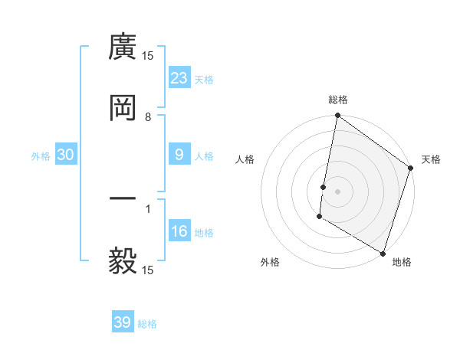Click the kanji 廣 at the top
(123, 47)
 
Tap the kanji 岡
(123, 108)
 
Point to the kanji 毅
(123, 260)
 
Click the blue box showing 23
(179, 77)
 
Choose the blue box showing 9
(179, 154)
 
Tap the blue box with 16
(179, 231)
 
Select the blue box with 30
(66, 155)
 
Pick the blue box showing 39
(123, 322)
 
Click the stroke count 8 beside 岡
(148, 117)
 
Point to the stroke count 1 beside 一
(148, 208)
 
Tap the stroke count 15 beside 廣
(148, 56)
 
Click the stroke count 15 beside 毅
(148, 270)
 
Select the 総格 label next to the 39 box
(147, 324)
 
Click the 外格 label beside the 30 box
(41, 155)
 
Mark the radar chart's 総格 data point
(337, 116)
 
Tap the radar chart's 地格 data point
(383, 253)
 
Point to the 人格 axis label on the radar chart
(245, 159)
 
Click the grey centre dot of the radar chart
(337, 191)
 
